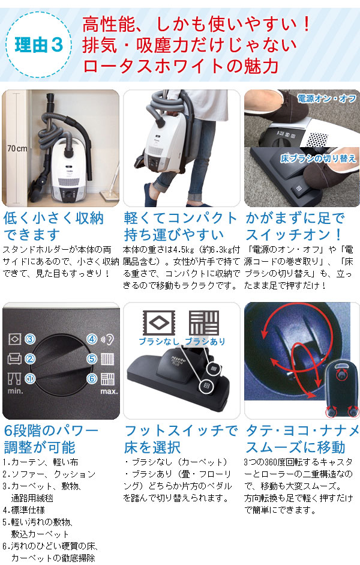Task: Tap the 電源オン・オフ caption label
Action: click(x=328, y=97)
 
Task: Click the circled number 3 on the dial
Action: click(x=29, y=339)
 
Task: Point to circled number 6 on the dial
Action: click(x=91, y=379)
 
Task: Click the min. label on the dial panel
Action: click(x=16, y=391)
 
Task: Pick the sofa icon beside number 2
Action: click(x=14, y=359)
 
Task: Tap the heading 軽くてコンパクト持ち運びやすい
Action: click(x=180, y=225)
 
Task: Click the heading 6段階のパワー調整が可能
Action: click(x=51, y=439)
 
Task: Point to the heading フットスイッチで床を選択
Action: click(x=181, y=439)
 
